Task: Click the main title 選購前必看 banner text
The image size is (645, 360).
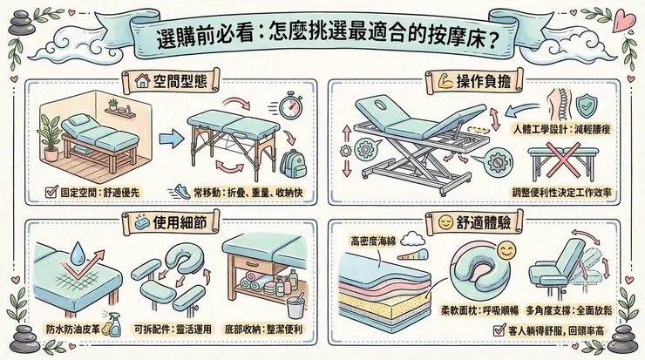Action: pos(322,37)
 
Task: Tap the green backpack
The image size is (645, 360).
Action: pos(295,163)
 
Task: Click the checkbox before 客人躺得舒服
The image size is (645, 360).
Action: pos(498,331)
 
